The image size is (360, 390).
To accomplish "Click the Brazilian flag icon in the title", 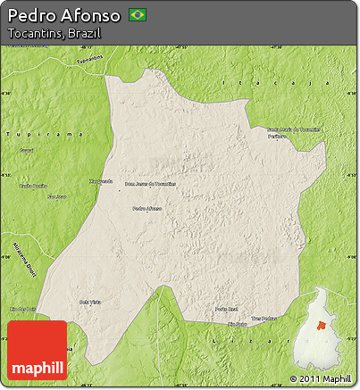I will (x=138, y=14).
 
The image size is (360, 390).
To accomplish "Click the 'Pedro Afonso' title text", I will (x=64, y=15).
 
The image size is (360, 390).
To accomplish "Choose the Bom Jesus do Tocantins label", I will (x=150, y=184).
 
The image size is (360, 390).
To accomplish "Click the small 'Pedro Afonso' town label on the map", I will (x=147, y=209).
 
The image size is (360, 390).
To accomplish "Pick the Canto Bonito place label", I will (x=32, y=186).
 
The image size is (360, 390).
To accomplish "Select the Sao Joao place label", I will (x=56, y=196).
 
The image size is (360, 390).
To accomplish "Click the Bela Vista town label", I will (x=90, y=302).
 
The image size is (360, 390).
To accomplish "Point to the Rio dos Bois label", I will (x=22, y=309).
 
